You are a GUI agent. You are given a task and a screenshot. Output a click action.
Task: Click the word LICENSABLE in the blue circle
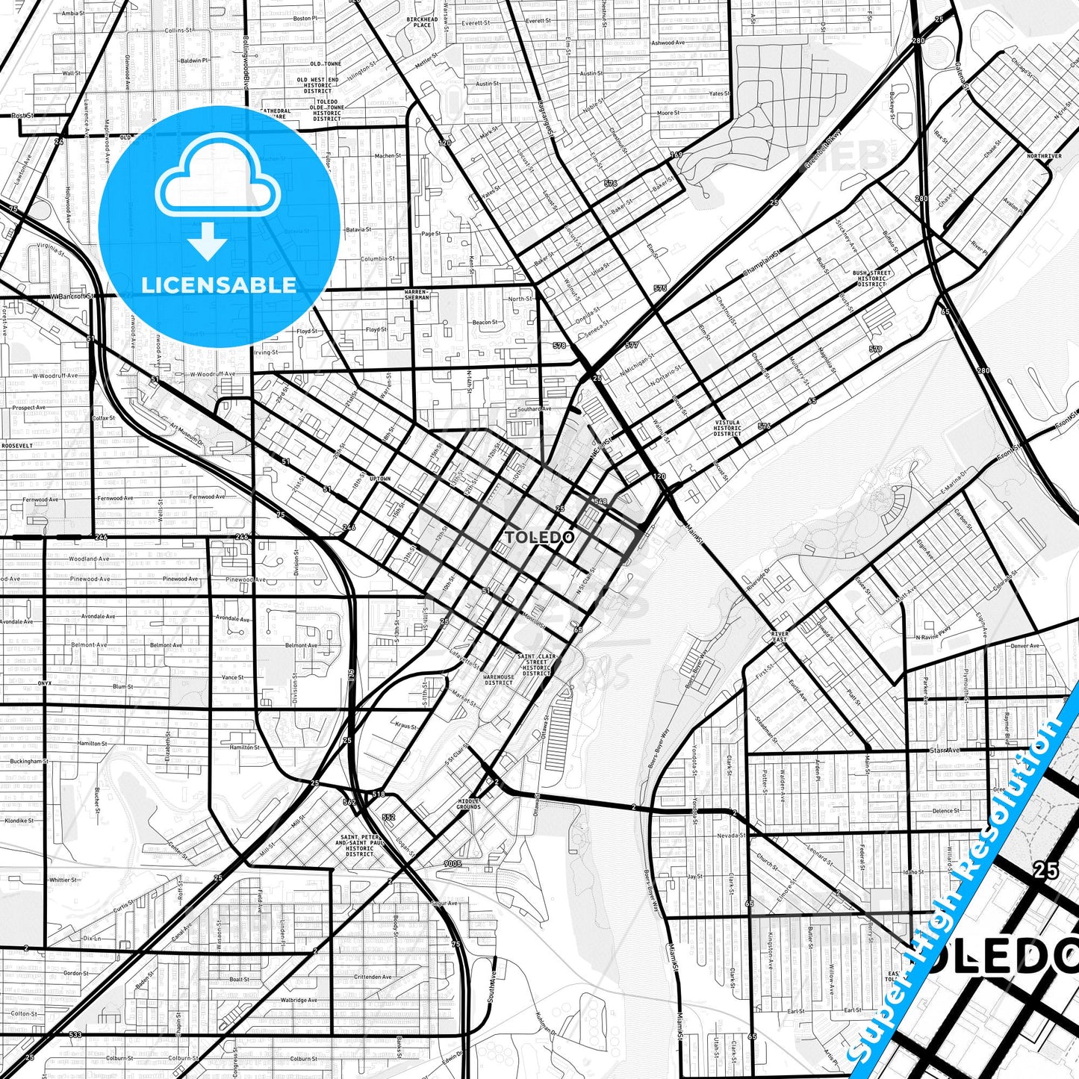(219, 285)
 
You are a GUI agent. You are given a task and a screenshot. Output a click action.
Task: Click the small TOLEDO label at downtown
(539, 538)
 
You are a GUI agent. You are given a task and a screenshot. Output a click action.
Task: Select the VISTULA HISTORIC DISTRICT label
(727, 428)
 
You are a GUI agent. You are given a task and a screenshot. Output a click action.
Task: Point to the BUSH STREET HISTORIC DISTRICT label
(871, 279)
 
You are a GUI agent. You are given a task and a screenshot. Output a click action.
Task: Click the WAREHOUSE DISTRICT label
(498, 680)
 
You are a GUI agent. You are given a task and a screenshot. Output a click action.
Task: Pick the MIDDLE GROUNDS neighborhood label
(468, 803)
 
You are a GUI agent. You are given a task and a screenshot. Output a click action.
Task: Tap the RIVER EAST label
(779, 637)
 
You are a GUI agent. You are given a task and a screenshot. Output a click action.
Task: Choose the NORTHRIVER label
(1044, 156)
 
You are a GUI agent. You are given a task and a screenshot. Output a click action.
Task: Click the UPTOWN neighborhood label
(379, 479)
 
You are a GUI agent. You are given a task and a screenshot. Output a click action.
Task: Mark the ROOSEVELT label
(16, 445)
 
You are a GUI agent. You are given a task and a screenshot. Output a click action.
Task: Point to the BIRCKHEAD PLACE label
(422, 22)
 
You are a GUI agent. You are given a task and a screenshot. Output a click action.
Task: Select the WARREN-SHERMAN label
(417, 294)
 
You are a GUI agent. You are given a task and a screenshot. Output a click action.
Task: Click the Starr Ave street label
(944, 750)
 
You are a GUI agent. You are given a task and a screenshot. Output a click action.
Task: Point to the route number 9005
(452, 863)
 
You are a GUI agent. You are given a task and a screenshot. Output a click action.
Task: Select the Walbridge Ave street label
(299, 1000)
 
